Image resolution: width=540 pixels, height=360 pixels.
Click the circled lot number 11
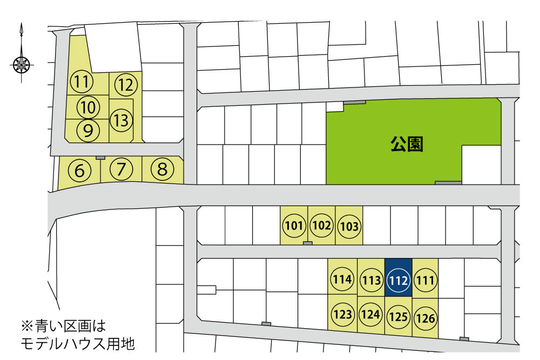tap(82, 83)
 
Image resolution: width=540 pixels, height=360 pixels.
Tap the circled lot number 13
tap(122, 119)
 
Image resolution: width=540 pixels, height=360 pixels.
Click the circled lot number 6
tap(80, 171)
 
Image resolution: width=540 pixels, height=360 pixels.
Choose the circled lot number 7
tap(121, 170)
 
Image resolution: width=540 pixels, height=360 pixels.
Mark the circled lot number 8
tap(162, 170)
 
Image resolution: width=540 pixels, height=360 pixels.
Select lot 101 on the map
tap(294, 226)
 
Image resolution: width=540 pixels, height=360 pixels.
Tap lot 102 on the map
tap(321, 226)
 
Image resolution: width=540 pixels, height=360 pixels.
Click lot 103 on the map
tap(349, 226)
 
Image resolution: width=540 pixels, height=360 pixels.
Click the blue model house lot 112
tap(398, 280)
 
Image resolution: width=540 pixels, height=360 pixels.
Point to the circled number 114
tap(342, 280)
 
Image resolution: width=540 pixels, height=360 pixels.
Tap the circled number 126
tap(426, 318)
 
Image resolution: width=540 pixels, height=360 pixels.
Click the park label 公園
tap(407, 144)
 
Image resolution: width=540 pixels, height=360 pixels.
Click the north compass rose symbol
tap(22, 65)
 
